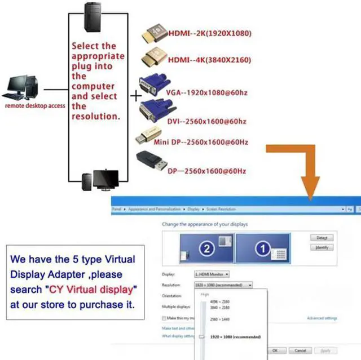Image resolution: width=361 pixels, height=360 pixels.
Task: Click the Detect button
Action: click(x=322, y=238)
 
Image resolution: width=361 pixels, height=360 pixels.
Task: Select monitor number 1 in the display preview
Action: click(x=262, y=248)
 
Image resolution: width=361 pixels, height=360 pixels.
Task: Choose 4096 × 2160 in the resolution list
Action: click(x=219, y=302)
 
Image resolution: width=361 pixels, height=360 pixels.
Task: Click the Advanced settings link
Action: click(x=322, y=318)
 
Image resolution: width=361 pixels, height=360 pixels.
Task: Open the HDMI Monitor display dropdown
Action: click(x=212, y=274)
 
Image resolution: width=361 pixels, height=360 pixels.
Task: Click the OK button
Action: click(x=275, y=350)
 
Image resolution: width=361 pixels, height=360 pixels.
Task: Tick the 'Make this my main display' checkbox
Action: click(x=164, y=318)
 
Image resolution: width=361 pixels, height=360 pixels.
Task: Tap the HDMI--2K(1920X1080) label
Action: click(x=210, y=33)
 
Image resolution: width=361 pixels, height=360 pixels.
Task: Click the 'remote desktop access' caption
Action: click(x=35, y=105)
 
